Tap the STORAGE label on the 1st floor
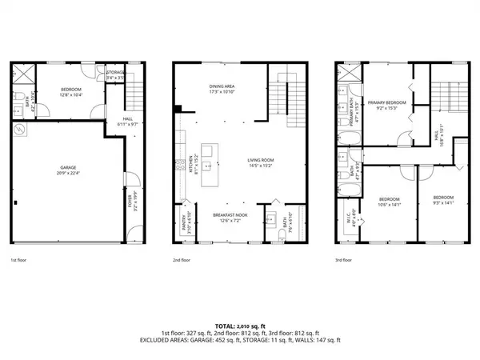[116, 72]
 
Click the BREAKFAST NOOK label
[230, 214]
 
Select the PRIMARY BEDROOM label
[386, 103]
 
